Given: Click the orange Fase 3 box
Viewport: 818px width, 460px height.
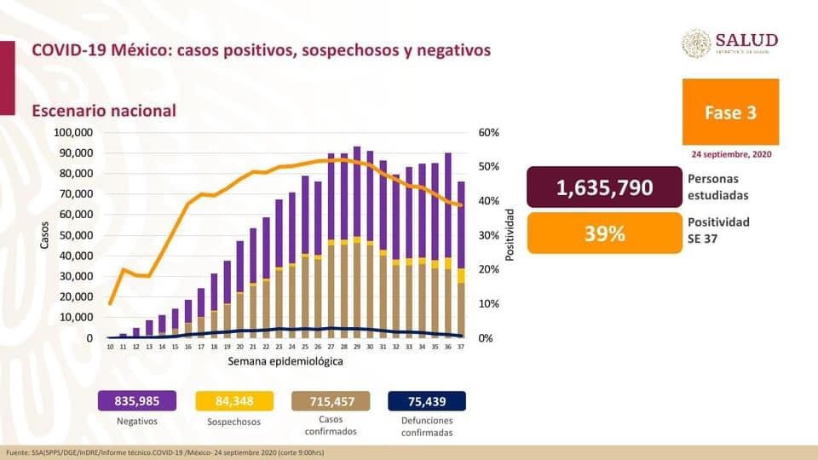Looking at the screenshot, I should click(730, 112).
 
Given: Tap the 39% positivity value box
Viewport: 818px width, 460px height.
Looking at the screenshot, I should click(604, 233).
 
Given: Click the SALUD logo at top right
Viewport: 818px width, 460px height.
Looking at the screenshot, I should click(730, 43).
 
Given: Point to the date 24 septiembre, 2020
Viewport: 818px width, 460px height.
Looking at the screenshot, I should click(731, 154).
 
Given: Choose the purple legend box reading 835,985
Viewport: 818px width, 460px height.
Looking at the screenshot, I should click(137, 401).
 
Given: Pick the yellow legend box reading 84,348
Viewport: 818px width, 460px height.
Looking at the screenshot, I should click(233, 401).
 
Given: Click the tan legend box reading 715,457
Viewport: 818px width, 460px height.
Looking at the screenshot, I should click(331, 401).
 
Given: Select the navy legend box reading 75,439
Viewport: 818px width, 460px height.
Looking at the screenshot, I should click(427, 401).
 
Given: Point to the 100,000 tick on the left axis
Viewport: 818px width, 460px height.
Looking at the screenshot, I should click(73, 133).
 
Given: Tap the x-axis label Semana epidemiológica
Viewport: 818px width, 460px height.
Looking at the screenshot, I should click(285, 362).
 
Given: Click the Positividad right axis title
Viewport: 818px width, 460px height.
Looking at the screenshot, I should click(511, 235).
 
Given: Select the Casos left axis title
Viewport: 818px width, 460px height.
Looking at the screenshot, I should click(44, 235).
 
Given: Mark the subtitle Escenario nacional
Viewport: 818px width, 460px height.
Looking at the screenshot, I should click(104, 111).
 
